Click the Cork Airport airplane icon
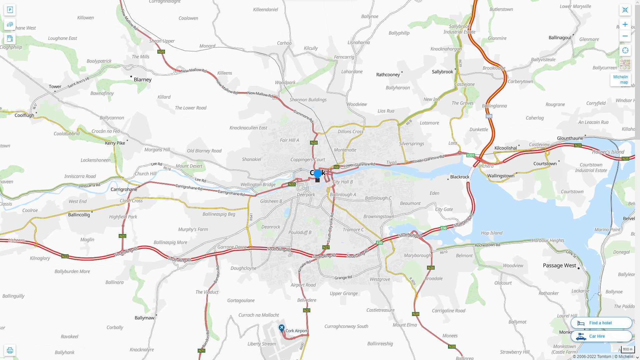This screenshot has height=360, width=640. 282,328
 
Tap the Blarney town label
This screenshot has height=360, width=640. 142,80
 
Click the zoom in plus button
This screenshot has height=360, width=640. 625,24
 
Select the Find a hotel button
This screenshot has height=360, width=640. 601,323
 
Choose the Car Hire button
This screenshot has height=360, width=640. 601,336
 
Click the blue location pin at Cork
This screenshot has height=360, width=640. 318,173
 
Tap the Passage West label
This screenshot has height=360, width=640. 559,266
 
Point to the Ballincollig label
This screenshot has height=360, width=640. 79,215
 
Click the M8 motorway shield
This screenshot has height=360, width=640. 489,116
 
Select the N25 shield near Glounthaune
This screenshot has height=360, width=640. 578,146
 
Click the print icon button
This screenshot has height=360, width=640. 10,350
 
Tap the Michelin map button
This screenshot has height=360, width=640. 620,80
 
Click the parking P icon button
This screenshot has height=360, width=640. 10,10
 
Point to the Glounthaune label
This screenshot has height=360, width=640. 570,138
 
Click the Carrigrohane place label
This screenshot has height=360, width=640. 124,189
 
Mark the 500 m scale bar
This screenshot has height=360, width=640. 628,350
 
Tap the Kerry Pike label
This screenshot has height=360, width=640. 115,143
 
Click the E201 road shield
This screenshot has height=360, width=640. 470,155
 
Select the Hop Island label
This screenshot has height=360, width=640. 491,233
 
